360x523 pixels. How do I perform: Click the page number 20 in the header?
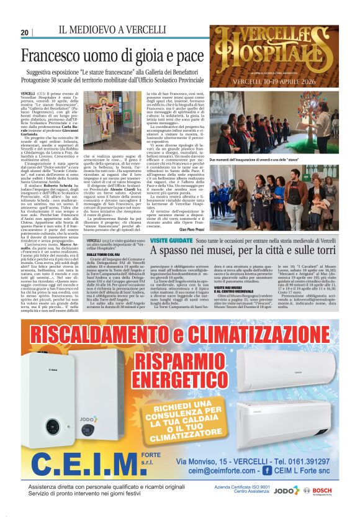25,32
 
